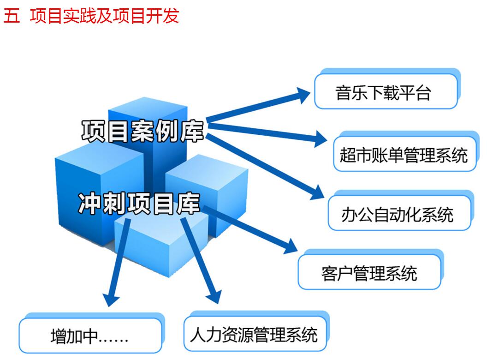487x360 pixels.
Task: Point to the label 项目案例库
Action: tap(143, 131)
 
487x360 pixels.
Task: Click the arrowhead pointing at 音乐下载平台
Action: tap(302, 95)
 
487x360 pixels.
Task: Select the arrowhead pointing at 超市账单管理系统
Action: tap(320, 138)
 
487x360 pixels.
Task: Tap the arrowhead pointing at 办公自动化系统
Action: tap(317, 193)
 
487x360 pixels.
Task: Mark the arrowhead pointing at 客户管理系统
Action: tap(290, 246)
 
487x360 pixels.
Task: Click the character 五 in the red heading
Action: tap(12, 15)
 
